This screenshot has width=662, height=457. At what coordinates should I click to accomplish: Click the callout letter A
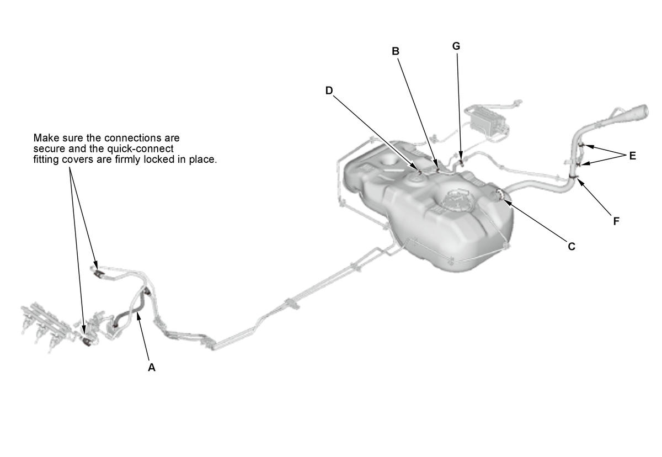coord(152,368)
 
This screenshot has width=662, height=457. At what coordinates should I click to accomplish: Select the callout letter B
coord(396,51)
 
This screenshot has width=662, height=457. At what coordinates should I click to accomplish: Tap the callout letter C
coord(572,246)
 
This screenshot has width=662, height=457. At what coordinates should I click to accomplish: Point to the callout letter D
coord(329,91)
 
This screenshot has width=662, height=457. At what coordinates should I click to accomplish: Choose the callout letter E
coord(632,156)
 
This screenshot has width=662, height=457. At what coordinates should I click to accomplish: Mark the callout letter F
coord(616,221)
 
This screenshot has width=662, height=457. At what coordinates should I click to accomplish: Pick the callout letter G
coord(456,46)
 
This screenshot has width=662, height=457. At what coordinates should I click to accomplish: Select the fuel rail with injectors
coord(47,325)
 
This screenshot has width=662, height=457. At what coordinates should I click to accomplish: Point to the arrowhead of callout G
coord(461,156)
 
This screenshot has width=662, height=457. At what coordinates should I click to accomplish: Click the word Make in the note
coord(45,138)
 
